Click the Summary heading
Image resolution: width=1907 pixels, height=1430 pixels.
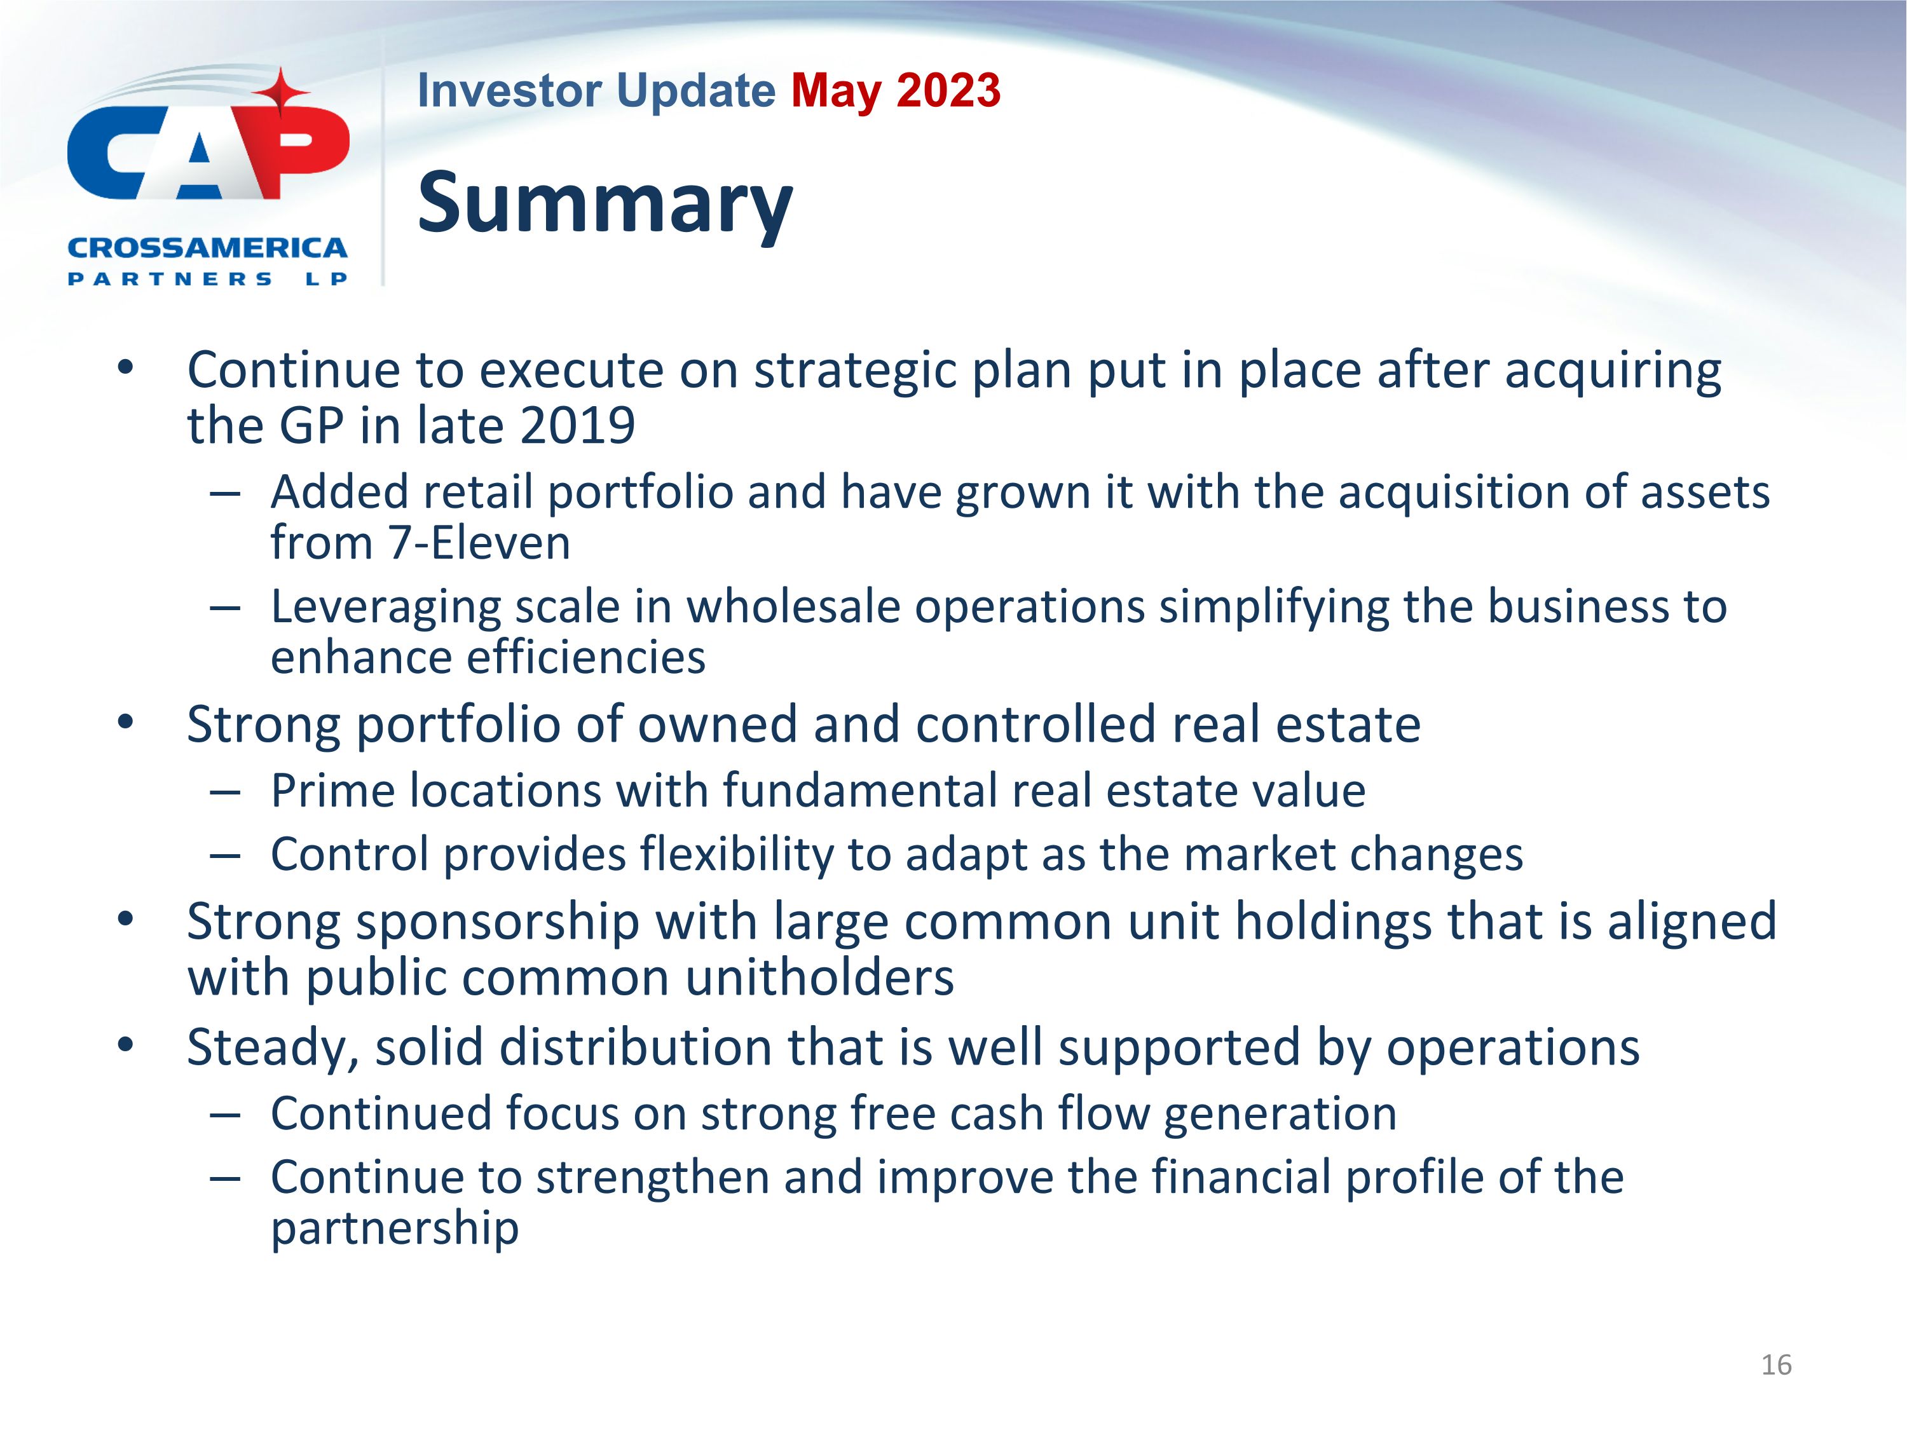605,203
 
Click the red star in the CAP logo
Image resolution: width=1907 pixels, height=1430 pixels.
281,93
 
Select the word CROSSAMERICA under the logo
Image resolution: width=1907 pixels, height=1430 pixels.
207,249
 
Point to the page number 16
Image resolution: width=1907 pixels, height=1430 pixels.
1776,1365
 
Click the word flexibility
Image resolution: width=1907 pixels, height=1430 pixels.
737,854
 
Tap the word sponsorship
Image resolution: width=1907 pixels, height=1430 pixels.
498,922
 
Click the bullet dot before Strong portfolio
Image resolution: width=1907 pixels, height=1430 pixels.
126,723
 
